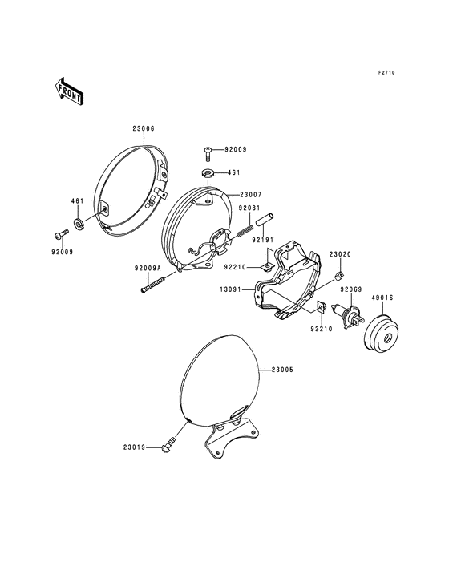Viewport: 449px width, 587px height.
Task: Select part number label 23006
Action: pos(144,129)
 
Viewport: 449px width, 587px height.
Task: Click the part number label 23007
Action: pos(251,195)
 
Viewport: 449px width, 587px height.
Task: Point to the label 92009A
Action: pos(148,268)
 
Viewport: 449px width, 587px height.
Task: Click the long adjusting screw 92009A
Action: pos(153,283)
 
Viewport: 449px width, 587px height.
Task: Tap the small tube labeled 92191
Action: pos(265,220)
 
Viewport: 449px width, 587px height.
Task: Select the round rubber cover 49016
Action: pos(382,334)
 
